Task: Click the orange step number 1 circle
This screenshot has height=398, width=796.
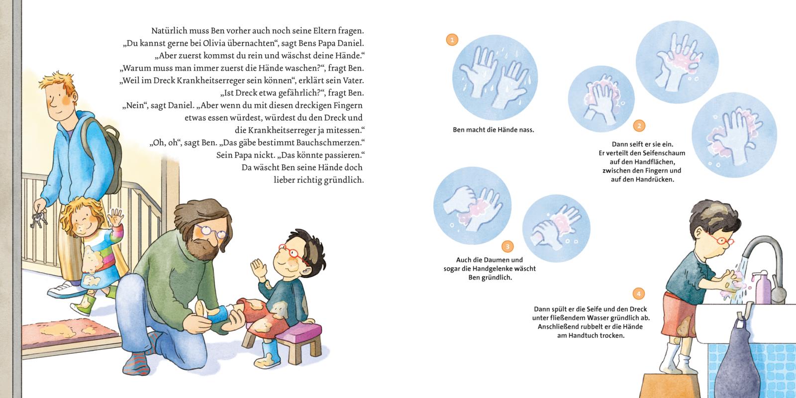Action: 452,40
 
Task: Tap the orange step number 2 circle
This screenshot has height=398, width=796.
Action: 639,126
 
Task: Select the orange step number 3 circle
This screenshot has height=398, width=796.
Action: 507,247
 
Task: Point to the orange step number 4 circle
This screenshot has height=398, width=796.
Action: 639,294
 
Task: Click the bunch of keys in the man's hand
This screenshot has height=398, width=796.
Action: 38,219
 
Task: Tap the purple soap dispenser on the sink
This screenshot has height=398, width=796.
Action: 762,287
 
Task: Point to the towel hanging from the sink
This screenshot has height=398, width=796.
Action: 738,359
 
